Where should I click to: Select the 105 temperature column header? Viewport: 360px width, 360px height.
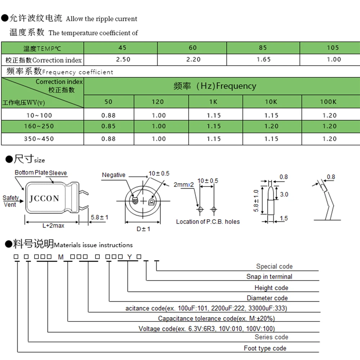click(x=333, y=48)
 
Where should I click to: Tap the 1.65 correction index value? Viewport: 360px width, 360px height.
click(x=264, y=59)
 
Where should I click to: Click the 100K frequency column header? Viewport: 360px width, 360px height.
click(x=328, y=102)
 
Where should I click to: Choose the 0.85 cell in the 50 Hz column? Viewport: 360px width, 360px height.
click(x=108, y=126)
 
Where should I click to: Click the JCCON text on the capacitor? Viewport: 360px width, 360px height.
click(x=44, y=198)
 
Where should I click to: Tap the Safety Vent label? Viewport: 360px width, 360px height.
click(x=10, y=201)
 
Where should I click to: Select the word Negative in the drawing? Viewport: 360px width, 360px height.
click(x=113, y=175)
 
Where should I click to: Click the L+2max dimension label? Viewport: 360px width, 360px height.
click(x=53, y=225)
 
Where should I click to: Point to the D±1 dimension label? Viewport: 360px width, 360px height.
click(x=143, y=229)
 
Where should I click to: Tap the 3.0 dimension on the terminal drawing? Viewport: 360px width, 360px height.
click(x=284, y=194)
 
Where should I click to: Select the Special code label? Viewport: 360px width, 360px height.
click(x=274, y=266)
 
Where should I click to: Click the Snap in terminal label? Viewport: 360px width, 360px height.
click(x=269, y=276)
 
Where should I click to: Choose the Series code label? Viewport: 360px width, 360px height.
click(x=271, y=337)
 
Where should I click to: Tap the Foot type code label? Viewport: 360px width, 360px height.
click(x=265, y=348)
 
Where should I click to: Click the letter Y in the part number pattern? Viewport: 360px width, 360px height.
click(x=129, y=257)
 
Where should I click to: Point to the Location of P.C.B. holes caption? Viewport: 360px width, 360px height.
click(x=208, y=222)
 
